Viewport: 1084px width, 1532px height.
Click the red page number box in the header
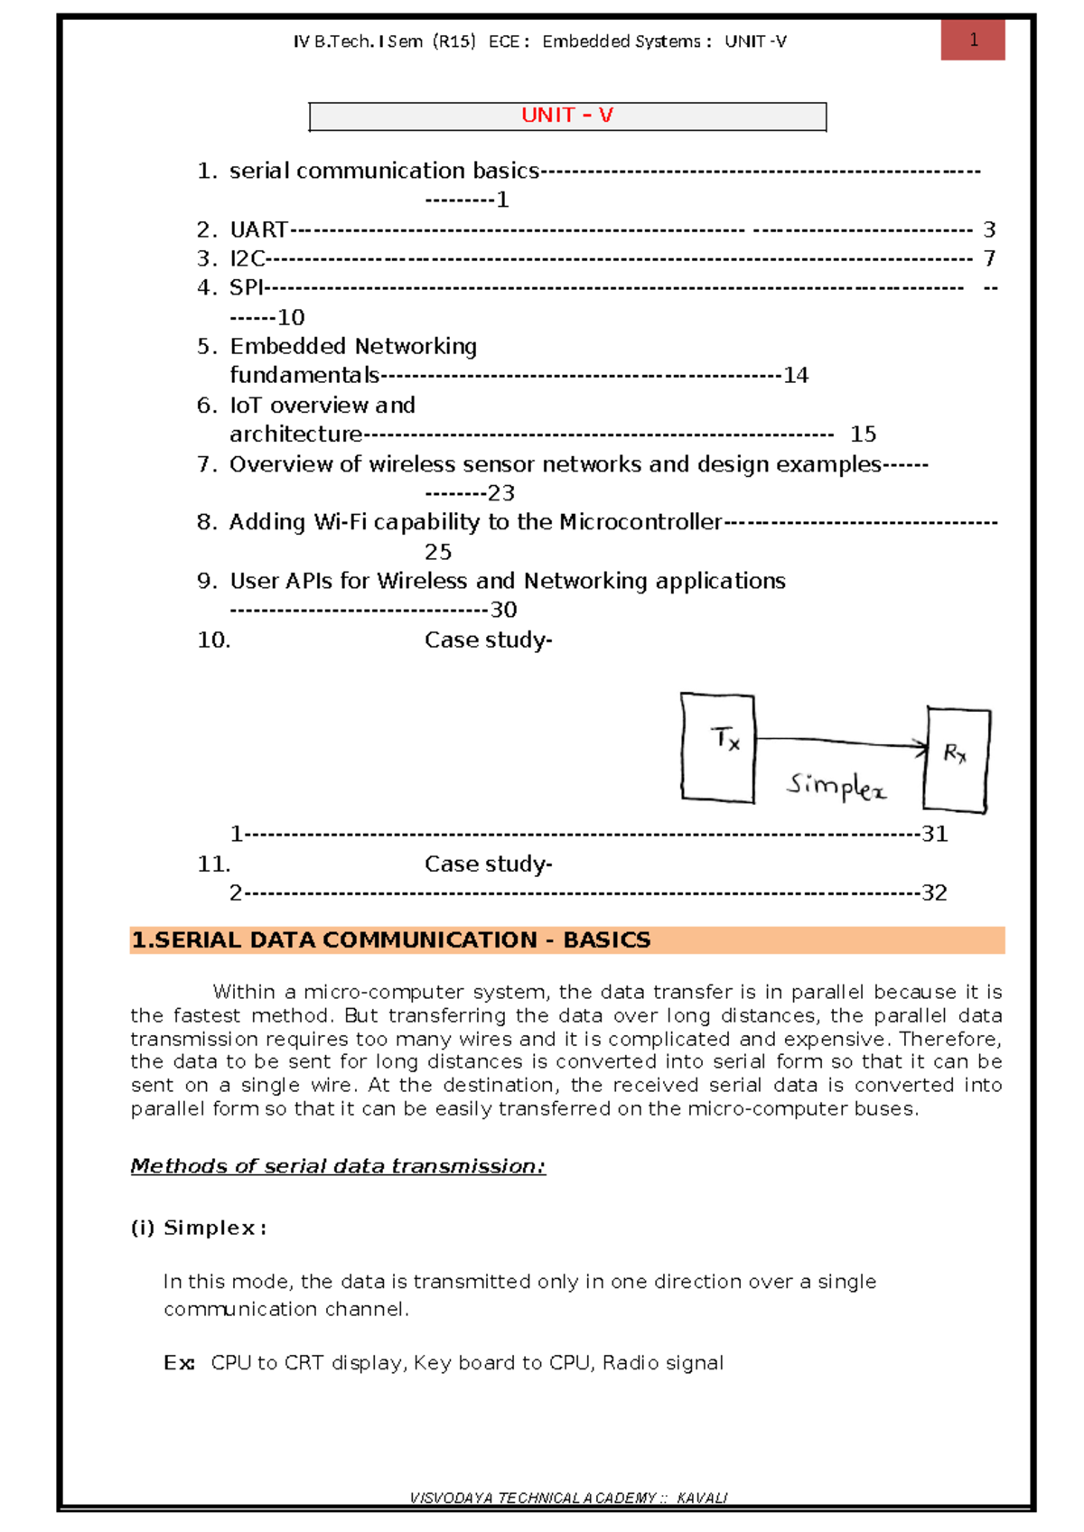[973, 40]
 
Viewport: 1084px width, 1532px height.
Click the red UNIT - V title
[566, 116]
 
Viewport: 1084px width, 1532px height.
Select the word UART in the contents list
[258, 229]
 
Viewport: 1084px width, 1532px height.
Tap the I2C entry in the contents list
[247, 258]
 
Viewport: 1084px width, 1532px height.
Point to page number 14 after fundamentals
[795, 375]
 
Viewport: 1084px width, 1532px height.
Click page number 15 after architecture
[863, 434]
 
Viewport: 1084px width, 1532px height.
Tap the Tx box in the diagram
[718, 748]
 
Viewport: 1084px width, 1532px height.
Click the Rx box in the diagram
[956, 759]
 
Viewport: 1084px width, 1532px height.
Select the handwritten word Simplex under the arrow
[836, 786]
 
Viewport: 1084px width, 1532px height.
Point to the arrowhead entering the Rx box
[920, 746]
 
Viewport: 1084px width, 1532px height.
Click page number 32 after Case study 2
[934, 893]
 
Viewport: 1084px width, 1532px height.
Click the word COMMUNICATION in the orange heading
[429, 940]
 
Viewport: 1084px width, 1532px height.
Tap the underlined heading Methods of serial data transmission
[338, 1166]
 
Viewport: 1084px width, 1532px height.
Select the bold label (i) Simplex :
[199, 1228]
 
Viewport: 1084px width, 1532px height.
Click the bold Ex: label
[179, 1363]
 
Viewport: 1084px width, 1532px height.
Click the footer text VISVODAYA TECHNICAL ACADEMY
[533, 1498]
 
